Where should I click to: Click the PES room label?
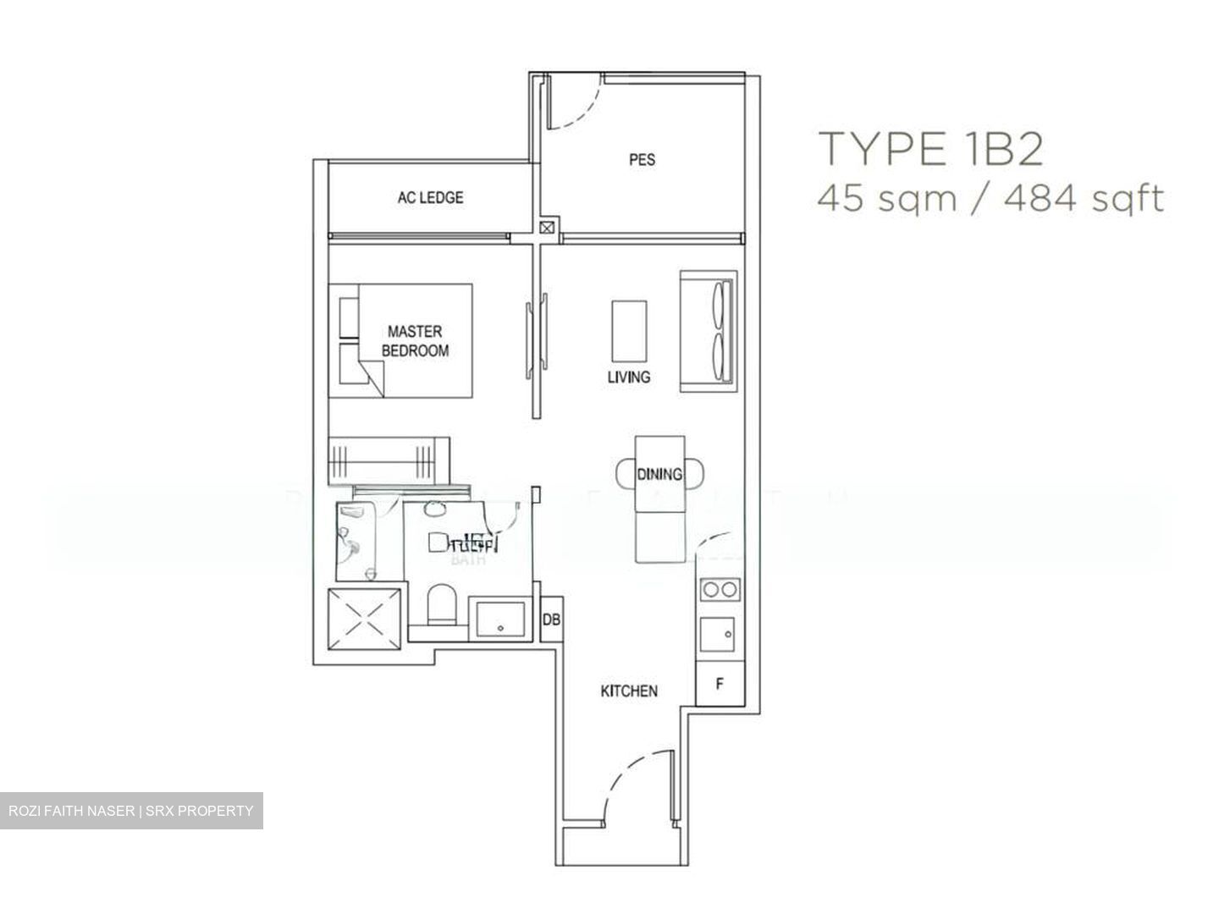coord(642,159)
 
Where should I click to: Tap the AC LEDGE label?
coord(430,198)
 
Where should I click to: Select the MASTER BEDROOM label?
coord(415,341)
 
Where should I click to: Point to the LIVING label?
coord(628,377)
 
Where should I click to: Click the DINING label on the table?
coord(659,475)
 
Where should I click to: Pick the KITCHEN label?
coord(628,691)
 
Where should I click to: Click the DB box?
coord(550,619)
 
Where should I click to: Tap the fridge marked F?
coord(720,684)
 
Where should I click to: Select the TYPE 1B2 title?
coord(929,149)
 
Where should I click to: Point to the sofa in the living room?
coord(708,331)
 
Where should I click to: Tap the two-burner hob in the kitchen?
coord(719,589)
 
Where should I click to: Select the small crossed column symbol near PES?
coord(548,227)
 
